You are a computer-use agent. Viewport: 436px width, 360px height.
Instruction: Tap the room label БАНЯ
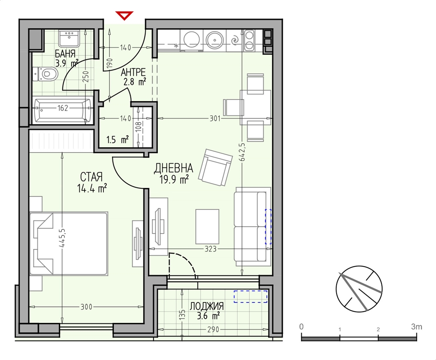pyautogui.click(x=65, y=53)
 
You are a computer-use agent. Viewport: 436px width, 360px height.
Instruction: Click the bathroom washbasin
pyautogui.click(x=69, y=38)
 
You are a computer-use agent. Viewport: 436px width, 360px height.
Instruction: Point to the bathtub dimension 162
pyautogui.click(x=63, y=108)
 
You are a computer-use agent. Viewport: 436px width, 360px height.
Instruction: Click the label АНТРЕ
pyautogui.click(x=133, y=72)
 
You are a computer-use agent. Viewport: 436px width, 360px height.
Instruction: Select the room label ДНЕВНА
pyautogui.click(x=174, y=168)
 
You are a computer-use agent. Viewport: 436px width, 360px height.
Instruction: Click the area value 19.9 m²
pyautogui.click(x=174, y=180)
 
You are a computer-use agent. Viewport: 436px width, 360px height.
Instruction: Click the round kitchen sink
pyautogui.click(x=215, y=40)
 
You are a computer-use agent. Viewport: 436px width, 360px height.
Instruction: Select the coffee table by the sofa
pyautogui.click(x=207, y=227)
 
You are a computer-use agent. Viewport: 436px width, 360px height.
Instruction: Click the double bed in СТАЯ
pyautogui.click(x=68, y=244)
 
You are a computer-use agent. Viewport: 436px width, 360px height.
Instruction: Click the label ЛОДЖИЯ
pyautogui.click(x=207, y=306)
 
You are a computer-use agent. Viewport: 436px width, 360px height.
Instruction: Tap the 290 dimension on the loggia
pyautogui.click(x=213, y=329)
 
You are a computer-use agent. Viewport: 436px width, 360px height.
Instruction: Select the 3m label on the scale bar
pyautogui.click(x=416, y=326)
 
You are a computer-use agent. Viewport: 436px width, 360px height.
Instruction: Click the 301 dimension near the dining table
pyautogui.click(x=215, y=119)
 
